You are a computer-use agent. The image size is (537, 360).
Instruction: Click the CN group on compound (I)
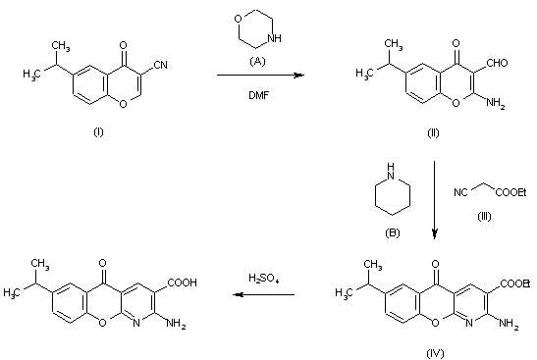[x=160, y=65]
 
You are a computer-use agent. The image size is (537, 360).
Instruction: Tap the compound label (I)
[x=98, y=131]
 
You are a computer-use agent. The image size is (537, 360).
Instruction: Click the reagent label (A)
[x=257, y=61]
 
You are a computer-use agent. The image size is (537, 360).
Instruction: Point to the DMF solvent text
[x=258, y=95]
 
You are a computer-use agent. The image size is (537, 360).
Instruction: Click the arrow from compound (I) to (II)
[x=260, y=75]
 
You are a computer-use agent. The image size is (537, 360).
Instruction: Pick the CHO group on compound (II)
[x=497, y=63]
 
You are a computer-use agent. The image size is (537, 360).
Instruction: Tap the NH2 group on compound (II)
[x=495, y=103]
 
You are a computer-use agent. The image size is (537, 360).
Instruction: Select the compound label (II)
[x=433, y=132]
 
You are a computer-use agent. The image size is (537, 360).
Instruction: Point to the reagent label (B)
[x=392, y=233]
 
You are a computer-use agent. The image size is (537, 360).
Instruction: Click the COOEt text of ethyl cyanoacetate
[x=510, y=192]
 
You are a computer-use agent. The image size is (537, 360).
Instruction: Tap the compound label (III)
[x=484, y=216]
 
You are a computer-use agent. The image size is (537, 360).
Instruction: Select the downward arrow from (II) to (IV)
[x=434, y=200]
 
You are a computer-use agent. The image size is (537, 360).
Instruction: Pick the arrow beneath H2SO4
[x=263, y=294]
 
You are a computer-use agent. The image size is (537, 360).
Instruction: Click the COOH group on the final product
[x=183, y=283]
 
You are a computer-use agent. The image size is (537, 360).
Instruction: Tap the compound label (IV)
[x=435, y=353]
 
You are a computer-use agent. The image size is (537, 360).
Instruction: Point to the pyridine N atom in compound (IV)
[x=469, y=323]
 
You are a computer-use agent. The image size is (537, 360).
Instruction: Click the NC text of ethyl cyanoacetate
[x=460, y=192]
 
